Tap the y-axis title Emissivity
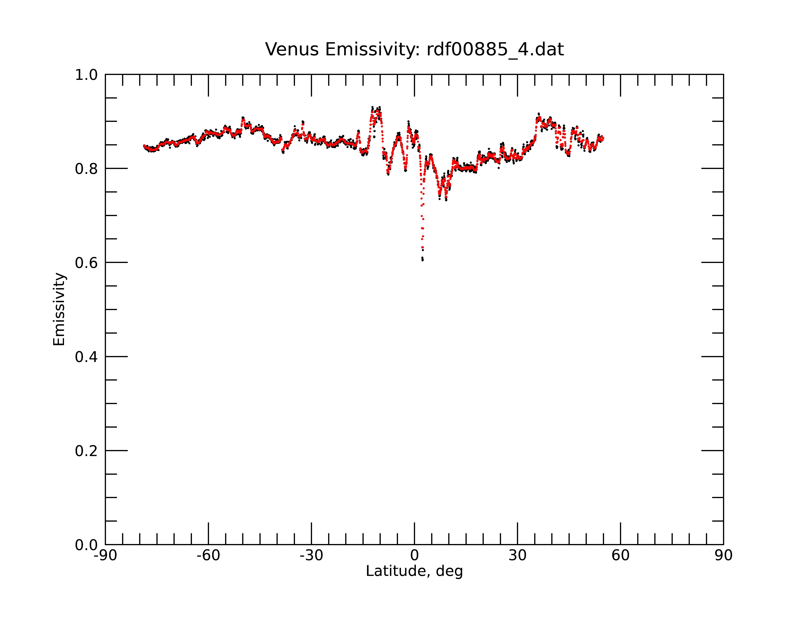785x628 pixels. (59, 309)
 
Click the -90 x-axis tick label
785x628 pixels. (105, 556)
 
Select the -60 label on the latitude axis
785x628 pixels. (208, 556)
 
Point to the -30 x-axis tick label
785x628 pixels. (311, 556)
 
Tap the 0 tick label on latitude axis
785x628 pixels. (414, 556)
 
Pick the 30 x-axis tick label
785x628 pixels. (517, 556)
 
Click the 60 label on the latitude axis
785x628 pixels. (620, 556)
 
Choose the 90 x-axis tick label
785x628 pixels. (723, 556)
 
